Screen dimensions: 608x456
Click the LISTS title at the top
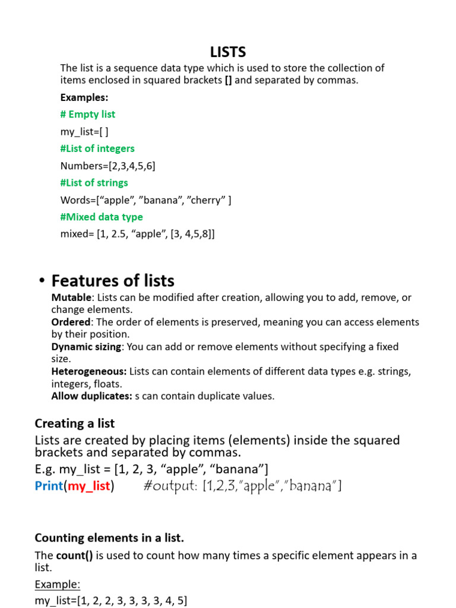(228, 52)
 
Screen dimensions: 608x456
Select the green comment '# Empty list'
(88, 114)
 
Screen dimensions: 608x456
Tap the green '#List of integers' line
(97, 148)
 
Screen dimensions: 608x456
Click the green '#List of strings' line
(94, 183)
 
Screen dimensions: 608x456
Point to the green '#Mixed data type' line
(102, 217)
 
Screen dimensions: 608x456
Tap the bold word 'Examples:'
(84, 97)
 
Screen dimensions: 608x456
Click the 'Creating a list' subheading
(75, 423)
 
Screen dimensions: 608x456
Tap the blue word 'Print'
(49, 486)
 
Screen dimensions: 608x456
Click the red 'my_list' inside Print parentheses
(89, 486)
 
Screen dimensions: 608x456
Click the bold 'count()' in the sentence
(74, 556)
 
